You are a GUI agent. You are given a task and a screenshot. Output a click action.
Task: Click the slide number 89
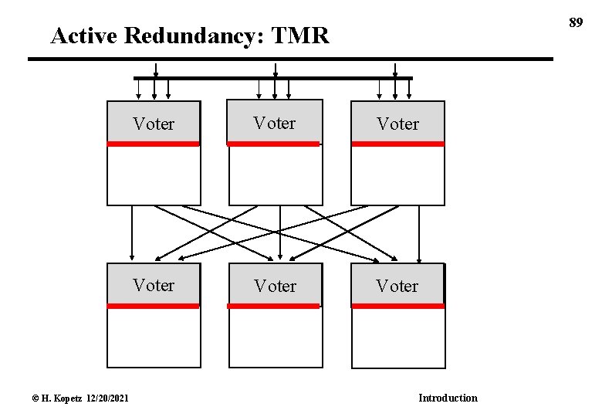(x=575, y=23)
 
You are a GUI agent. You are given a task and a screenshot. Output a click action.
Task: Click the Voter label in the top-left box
(x=154, y=124)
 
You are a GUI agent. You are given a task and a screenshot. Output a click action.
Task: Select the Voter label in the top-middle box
(x=275, y=123)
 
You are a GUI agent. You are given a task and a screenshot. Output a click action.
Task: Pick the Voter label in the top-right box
(x=397, y=124)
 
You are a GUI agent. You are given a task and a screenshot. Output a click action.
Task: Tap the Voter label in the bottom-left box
(x=154, y=285)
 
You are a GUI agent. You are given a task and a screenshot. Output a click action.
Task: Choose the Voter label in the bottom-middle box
(x=275, y=286)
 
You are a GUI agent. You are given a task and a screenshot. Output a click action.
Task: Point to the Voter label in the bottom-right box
(x=397, y=286)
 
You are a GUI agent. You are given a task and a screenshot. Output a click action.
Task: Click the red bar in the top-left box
(x=153, y=144)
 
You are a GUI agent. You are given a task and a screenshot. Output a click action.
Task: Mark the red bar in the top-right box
(x=397, y=144)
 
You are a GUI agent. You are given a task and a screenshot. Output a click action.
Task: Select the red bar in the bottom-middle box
(x=274, y=306)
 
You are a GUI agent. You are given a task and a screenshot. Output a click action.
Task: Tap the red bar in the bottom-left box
(x=153, y=306)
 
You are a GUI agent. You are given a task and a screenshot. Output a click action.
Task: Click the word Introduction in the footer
(x=448, y=398)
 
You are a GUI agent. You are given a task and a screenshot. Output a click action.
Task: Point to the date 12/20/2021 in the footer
(x=103, y=398)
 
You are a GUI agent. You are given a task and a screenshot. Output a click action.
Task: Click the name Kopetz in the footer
(x=63, y=398)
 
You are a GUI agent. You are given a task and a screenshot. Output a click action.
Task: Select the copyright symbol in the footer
(x=35, y=398)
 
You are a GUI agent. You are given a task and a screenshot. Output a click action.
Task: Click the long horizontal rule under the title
(x=290, y=59)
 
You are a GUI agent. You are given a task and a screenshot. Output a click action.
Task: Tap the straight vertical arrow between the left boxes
(x=132, y=232)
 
